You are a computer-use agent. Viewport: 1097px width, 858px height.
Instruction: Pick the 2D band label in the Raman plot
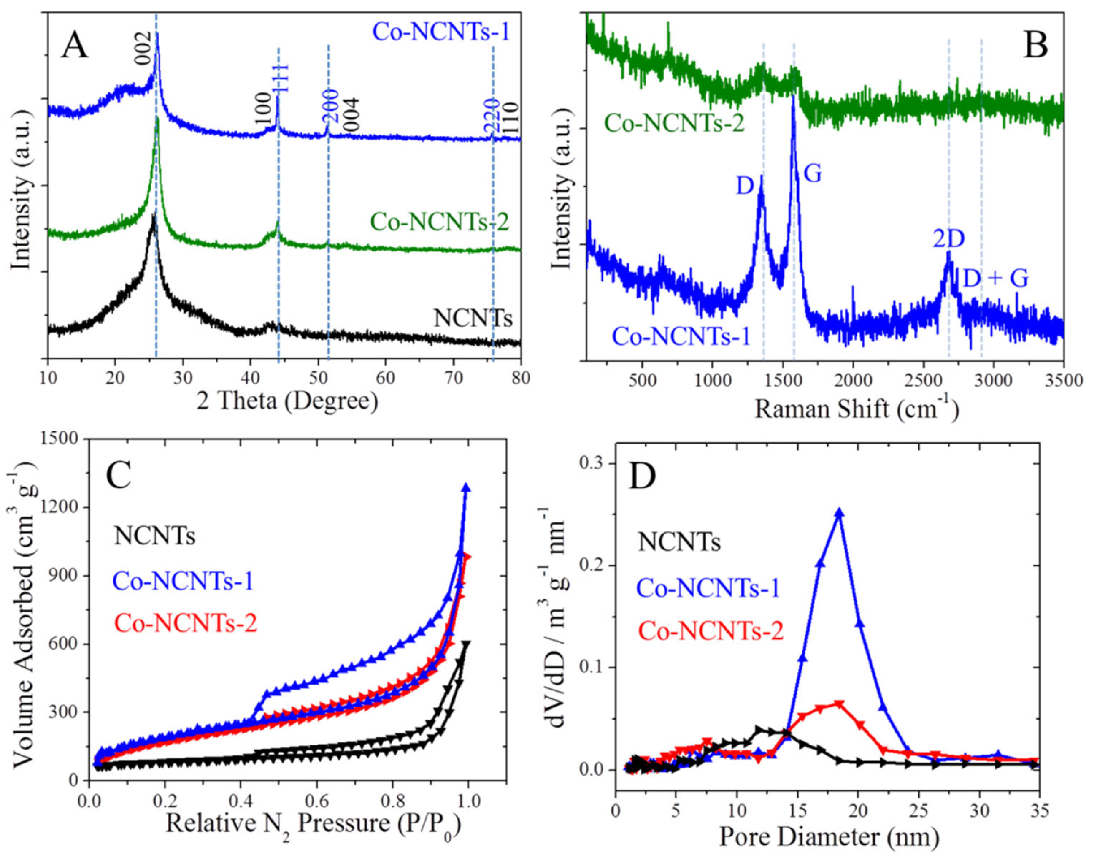[x=949, y=239]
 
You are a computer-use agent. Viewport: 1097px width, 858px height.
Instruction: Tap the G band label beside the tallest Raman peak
[x=813, y=174]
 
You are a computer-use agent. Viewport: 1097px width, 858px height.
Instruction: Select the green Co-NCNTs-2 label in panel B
[x=674, y=122]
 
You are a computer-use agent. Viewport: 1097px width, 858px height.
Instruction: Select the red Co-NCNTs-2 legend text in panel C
[x=186, y=624]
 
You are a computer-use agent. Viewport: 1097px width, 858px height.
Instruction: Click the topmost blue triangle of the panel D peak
[x=839, y=513]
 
